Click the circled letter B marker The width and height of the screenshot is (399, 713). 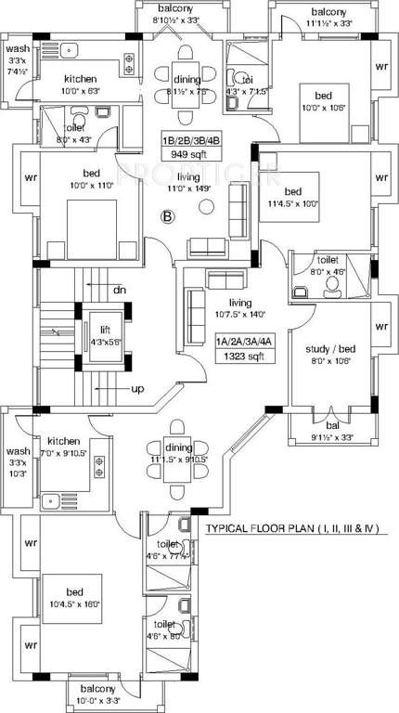pos(168,217)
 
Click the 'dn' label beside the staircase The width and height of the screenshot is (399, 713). pos(120,291)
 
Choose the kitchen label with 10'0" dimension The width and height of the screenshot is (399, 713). pos(69,84)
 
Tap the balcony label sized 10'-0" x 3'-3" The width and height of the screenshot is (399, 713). pos(97,694)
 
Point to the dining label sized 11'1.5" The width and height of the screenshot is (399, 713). pos(177,452)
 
